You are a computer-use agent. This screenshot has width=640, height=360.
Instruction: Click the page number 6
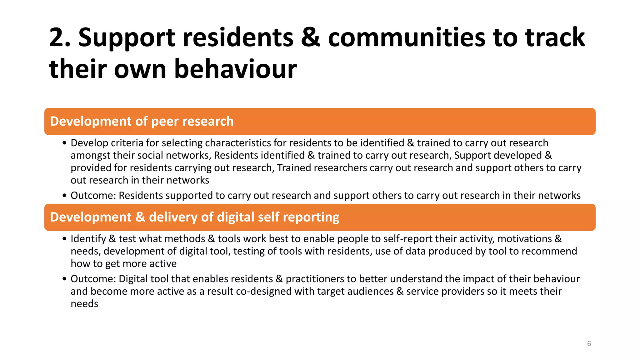pyautogui.click(x=589, y=344)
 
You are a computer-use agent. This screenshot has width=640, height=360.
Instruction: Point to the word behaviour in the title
pyautogui.click(x=235, y=69)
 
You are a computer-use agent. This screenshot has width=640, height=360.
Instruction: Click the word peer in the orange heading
pyautogui.click(x=165, y=121)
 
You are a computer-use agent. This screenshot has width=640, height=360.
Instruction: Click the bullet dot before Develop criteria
pyautogui.click(x=64, y=143)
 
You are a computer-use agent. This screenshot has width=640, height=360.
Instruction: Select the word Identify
pyautogui.click(x=88, y=239)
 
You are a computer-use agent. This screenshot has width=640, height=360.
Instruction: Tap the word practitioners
pyautogui.click(x=315, y=279)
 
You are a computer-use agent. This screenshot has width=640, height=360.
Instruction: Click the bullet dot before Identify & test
pyautogui.click(x=64, y=239)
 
